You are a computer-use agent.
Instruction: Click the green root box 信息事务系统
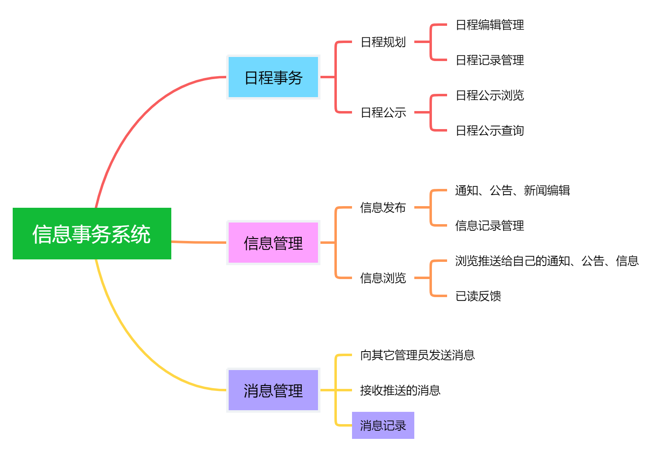tap(92, 234)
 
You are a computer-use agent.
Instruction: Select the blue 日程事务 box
tap(273, 77)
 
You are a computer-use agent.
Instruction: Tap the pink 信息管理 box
tap(273, 243)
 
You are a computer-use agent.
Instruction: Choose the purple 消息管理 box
tap(273, 390)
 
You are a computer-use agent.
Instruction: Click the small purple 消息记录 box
tap(383, 425)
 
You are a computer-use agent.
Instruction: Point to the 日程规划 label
tap(383, 42)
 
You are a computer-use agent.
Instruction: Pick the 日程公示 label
tap(383, 113)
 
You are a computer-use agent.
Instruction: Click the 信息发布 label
tap(383, 208)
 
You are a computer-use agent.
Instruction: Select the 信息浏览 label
tap(383, 278)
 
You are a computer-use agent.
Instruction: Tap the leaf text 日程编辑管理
tap(490, 25)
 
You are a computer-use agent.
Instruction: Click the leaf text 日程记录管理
tap(490, 60)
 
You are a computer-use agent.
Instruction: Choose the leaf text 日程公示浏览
tap(490, 95)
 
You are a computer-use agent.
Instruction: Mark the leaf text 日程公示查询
tap(490, 131)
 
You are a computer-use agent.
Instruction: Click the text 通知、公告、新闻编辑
tap(512, 191)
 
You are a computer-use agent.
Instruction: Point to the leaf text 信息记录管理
tap(490, 226)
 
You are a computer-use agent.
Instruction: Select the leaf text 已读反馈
tap(478, 296)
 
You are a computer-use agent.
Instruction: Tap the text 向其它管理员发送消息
tap(417, 355)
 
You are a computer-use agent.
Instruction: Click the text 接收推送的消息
tap(400, 391)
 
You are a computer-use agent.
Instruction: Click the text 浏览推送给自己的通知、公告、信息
tap(547, 261)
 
